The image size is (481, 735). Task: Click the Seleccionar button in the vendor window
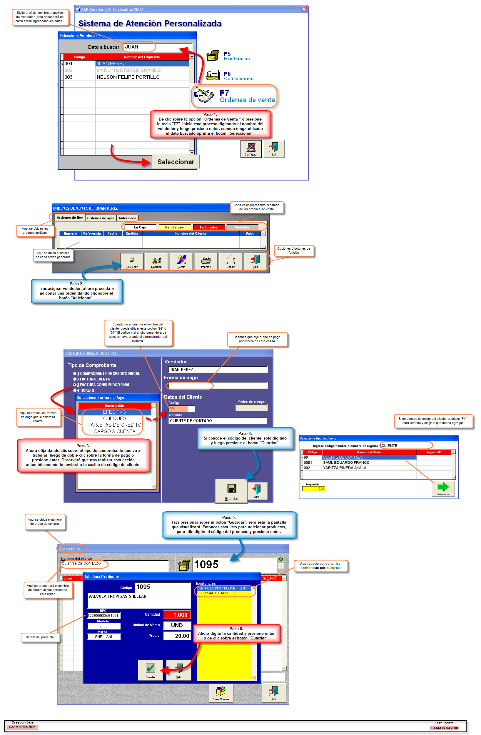point(176,162)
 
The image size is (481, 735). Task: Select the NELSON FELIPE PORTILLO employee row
point(128,77)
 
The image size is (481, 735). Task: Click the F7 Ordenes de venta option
point(235,96)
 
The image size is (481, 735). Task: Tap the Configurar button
point(251,149)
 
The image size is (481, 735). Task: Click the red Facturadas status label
point(208,227)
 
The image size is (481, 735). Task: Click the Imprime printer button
point(206,262)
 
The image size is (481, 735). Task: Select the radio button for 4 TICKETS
point(75,390)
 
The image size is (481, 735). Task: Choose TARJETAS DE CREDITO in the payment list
point(114,425)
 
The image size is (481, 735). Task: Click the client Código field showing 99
point(181,409)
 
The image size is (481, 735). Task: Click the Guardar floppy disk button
point(231,491)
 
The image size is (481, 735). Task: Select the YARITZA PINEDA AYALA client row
point(345,468)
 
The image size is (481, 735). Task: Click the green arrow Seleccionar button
point(443,488)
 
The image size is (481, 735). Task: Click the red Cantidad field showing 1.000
point(177,615)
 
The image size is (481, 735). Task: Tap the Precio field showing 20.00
point(177,636)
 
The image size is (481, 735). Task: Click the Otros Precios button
point(221,693)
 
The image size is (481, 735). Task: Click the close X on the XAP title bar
point(304,9)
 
